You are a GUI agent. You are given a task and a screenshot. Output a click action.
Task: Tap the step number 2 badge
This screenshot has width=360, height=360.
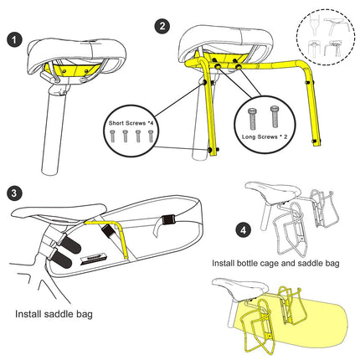click(162, 26)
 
